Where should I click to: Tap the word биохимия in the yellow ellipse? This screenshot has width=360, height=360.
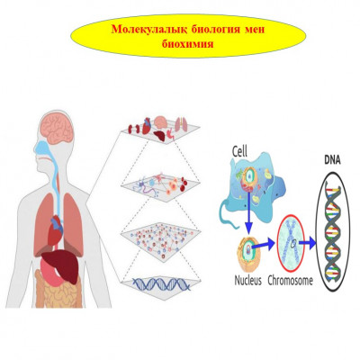pos(188,44)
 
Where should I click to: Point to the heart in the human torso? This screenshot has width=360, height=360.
pos(55,229)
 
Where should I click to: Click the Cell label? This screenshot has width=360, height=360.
pos(240,151)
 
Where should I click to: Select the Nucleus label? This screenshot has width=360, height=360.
pos(248,281)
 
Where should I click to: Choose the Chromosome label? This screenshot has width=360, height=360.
pos(290,281)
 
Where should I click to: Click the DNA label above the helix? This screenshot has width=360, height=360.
pos(333,160)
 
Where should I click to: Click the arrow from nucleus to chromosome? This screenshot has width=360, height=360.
pos(263,246)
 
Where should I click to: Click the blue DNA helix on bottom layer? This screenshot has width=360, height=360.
pos(162,284)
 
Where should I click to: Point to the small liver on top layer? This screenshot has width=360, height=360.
pos(159,137)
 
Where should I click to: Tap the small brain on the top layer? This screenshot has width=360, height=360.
pos(162,122)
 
